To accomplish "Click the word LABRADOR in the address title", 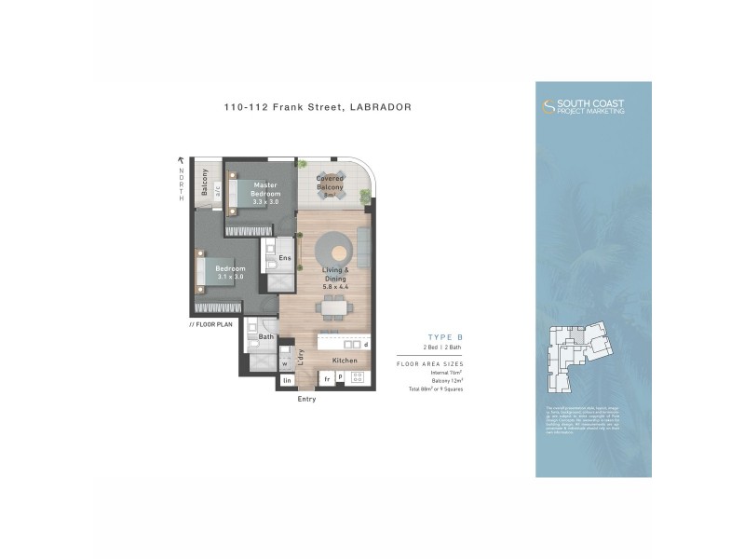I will (x=380, y=107).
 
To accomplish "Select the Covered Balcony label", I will (x=330, y=183).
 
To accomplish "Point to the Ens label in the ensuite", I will (x=285, y=257).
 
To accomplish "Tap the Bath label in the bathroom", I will (x=265, y=336).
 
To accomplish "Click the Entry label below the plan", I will (x=306, y=399).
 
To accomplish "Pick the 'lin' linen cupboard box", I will (x=287, y=380).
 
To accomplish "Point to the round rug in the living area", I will (x=332, y=248).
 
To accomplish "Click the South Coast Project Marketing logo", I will (x=584, y=106).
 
